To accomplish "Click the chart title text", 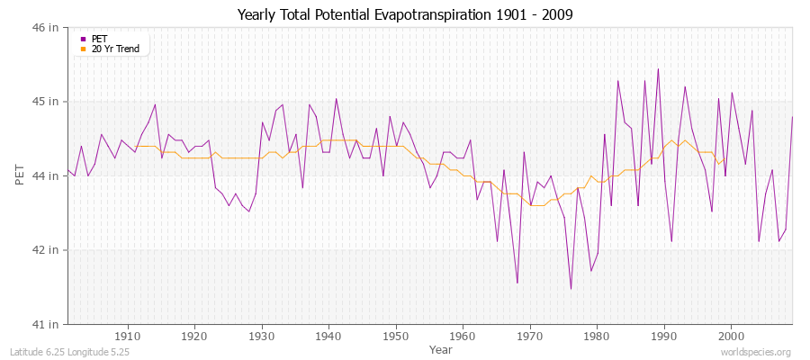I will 404,14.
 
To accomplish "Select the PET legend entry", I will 99,39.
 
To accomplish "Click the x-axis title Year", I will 441,348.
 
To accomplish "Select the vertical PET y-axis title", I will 20,175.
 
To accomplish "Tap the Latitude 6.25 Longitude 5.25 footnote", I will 70,352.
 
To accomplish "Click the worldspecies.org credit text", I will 756,352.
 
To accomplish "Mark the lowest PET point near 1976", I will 571,289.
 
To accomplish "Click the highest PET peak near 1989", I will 658,69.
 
